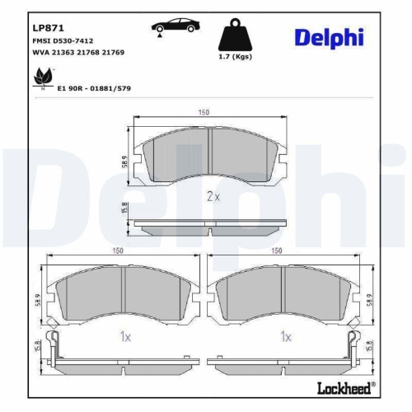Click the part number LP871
(x=48, y=28)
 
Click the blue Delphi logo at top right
(x=330, y=38)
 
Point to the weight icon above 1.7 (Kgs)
(x=235, y=35)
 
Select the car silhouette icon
(x=176, y=27)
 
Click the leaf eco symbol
(x=43, y=77)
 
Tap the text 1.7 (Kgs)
(x=235, y=57)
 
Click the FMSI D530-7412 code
(x=63, y=41)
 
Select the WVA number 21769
(x=113, y=52)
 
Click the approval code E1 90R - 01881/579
(x=94, y=88)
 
